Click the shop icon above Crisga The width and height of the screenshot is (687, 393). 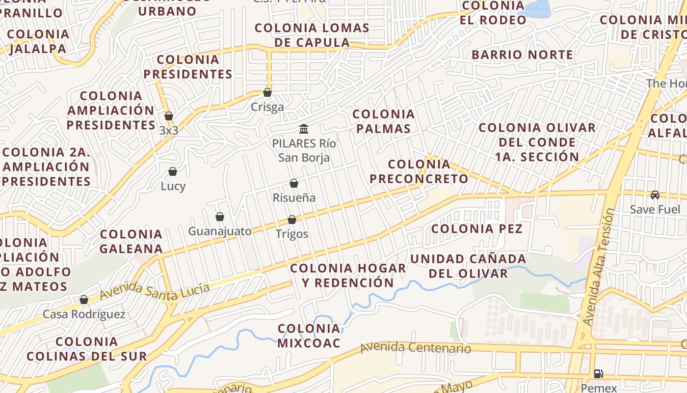pyautogui.click(x=267, y=92)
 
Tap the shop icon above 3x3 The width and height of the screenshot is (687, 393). pyautogui.click(x=169, y=116)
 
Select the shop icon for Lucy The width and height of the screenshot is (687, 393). pyautogui.click(x=173, y=171)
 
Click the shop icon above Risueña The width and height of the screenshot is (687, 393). pyautogui.click(x=294, y=183)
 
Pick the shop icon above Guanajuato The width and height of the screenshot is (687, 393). pyautogui.click(x=220, y=217)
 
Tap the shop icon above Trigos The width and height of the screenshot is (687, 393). pyautogui.click(x=292, y=220)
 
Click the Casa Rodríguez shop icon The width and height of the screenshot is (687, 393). pyautogui.click(x=84, y=300)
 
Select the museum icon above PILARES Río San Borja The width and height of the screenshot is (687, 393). pyautogui.click(x=304, y=129)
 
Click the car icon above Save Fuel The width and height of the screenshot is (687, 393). pyautogui.click(x=655, y=195)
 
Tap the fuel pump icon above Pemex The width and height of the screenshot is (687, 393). pyautogui.click(x=599, y=373)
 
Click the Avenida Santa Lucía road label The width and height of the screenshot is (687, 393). pyautogui.click(x=155, y=291)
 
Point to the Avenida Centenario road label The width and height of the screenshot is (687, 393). pyautogui.click(x=416, y=348)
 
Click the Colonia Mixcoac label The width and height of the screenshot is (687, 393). pyautogui.click(x=309, y=336)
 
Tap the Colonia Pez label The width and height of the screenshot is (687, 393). pyautogui.click(x=477, y=228)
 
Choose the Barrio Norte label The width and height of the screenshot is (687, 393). pyautogui.click(x=522, y=55)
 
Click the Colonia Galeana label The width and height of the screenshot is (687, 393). pyautogui.click(x=131, y=241)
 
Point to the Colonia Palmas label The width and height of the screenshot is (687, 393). pyautogui.click(x=383, y=121)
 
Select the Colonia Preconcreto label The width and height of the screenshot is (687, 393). pyautogui.click(x=419, y=171)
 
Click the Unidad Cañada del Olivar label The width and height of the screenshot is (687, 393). pyautogui.click(x=468, y=266)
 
